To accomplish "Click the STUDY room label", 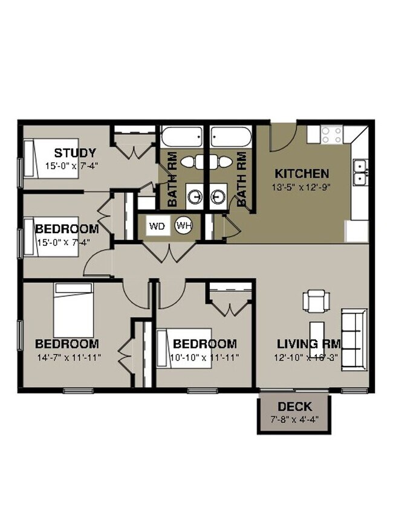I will (75, 152).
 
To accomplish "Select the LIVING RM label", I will (308, 344).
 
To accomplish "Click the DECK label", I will (294, 407).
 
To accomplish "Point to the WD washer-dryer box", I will (157, 227).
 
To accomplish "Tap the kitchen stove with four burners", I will (332, 133).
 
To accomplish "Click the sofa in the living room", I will (354, 338).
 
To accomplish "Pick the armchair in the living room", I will (317, 300).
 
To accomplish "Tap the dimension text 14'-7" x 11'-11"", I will (68, 357).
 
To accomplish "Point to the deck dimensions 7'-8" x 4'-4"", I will (294, 418).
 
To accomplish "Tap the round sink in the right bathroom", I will (218, 196).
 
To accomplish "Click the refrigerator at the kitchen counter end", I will (357, 231).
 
